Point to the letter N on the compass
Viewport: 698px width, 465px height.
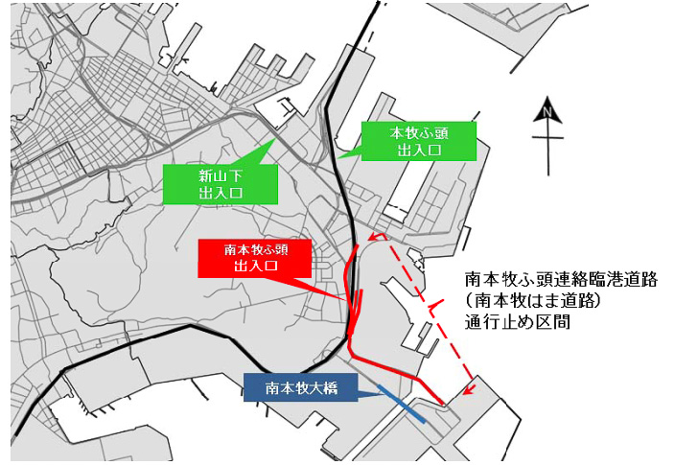[547, 112]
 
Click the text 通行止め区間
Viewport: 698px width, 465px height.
[517, 322]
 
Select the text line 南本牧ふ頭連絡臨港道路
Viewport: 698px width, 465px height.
[560, 279]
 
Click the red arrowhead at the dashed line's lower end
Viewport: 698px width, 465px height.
[468, 389]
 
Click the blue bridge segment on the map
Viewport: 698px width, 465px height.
[403, 402]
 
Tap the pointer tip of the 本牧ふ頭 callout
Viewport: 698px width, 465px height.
[337, 157]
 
